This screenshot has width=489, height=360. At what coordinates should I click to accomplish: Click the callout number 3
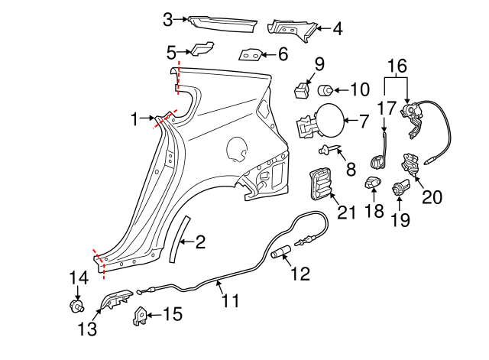[x=168, y=18]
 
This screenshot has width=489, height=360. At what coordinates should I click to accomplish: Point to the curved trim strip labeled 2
[x=182, y=238]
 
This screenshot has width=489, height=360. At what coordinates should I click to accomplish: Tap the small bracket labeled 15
[x=141, y=315]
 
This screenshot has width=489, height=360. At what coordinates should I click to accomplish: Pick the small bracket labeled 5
[x=202, y=50]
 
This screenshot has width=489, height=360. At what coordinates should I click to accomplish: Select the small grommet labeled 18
[x=372, y=183]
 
